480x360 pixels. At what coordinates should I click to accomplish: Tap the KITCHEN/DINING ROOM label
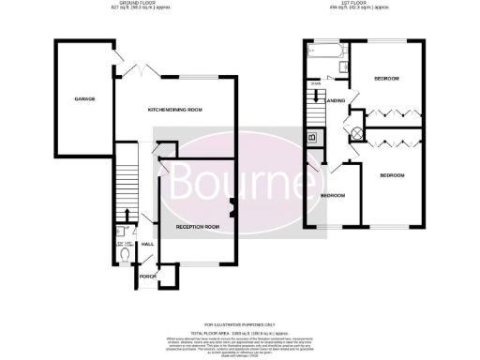click(175, 111)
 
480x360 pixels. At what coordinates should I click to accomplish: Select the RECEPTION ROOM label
click(197, 227)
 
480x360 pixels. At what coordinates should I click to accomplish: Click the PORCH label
click(146, 277)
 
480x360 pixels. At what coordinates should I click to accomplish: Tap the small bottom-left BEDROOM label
click(334, 195)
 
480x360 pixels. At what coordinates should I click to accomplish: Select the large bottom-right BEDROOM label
click(393, 175)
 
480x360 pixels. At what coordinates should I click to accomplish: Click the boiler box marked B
click(312, 138)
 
